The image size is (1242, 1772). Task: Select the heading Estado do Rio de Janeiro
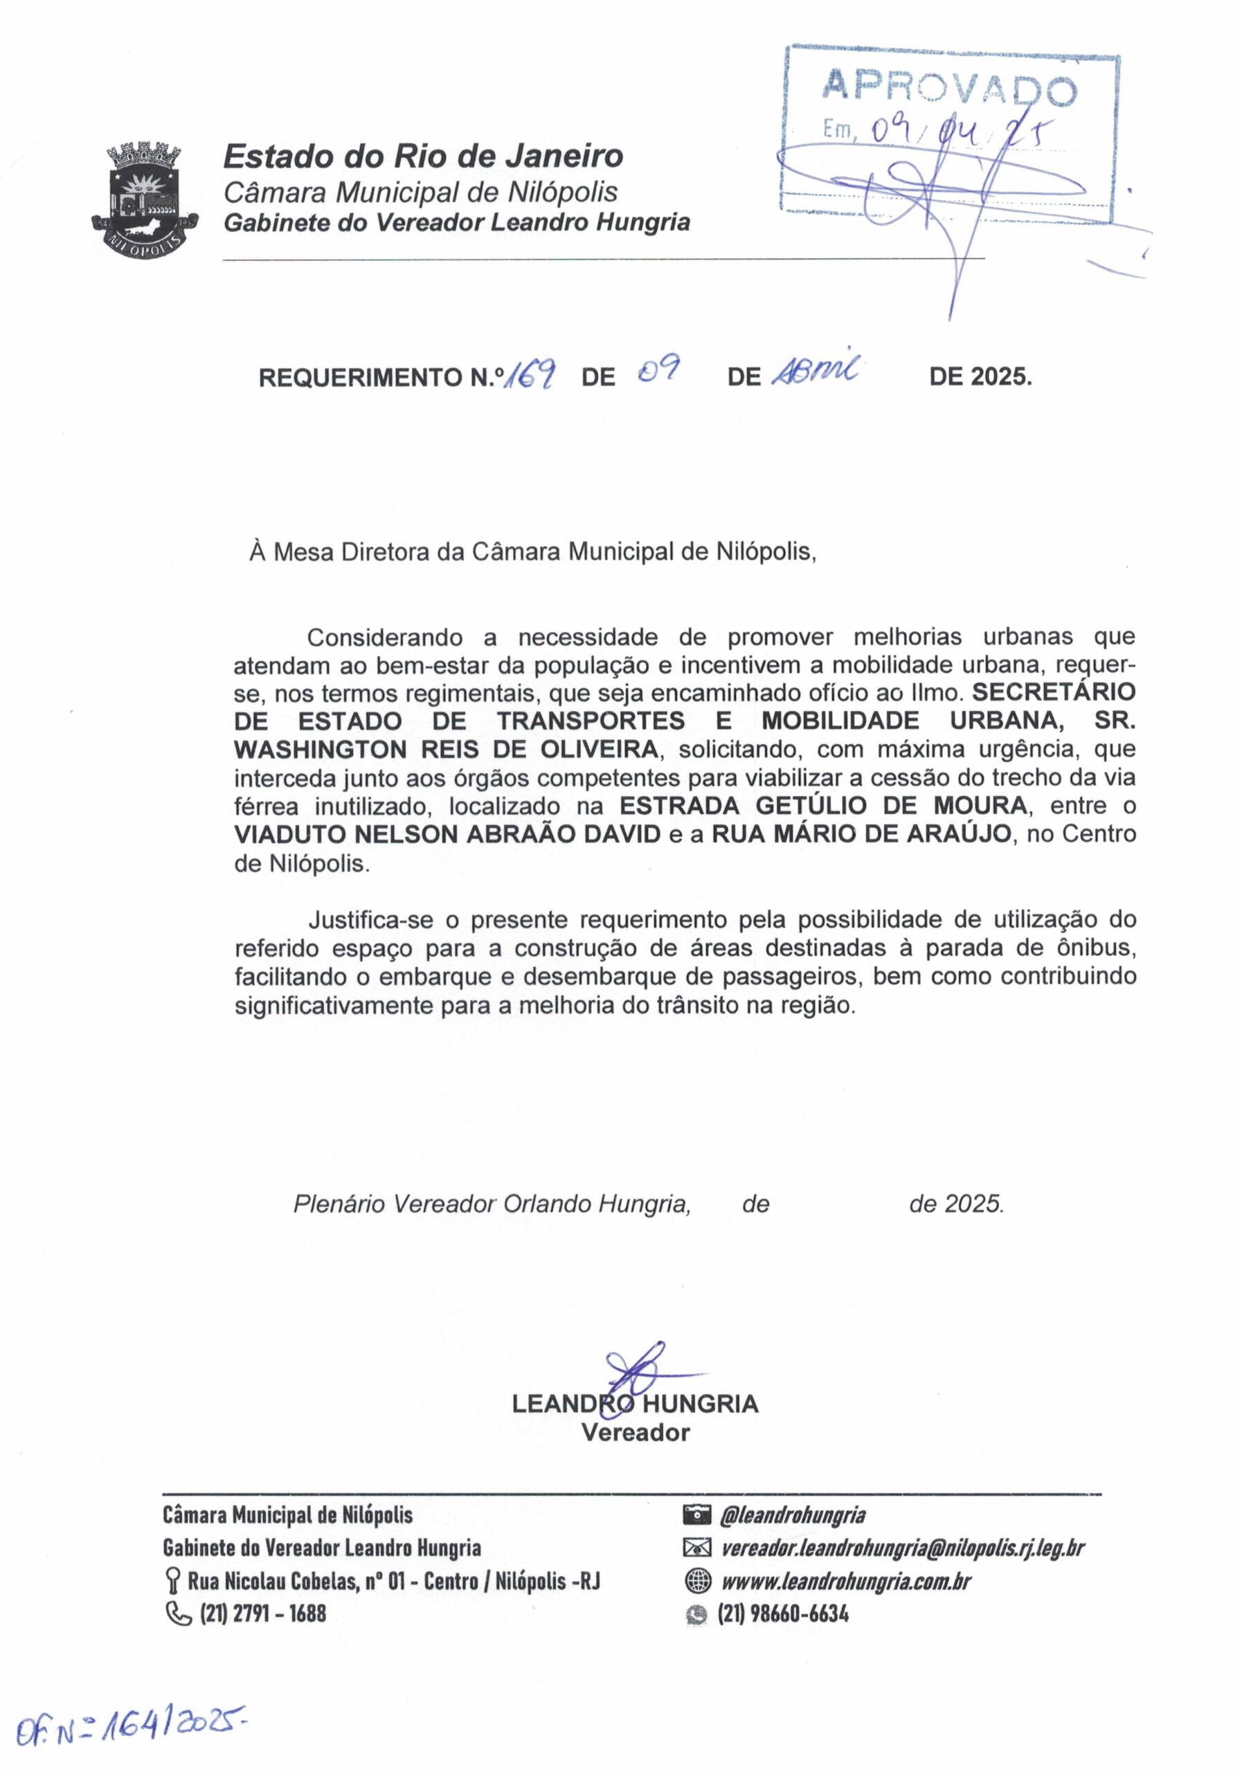(423, 156)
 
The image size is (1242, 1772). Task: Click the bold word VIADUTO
(289, 834)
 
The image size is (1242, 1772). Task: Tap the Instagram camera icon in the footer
(696, 1515)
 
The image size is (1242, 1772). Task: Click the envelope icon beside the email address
(696, 1548)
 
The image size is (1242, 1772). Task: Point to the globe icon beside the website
(697, 1582)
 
